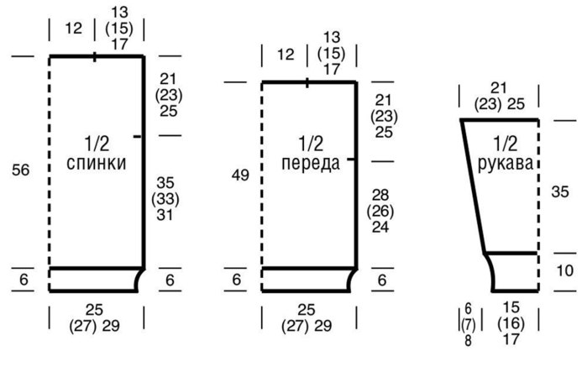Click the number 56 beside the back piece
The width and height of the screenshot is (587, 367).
22,170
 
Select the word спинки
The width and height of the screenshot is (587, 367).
96,164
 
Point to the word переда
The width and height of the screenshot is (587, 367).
311,164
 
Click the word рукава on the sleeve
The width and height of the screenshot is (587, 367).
506,164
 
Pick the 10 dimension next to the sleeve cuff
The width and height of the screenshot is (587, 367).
564,271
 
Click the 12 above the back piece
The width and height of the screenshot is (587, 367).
72,29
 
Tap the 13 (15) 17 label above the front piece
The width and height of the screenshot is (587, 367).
332,52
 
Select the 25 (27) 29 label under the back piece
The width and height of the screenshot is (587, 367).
96,317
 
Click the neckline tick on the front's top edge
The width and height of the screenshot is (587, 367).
307,82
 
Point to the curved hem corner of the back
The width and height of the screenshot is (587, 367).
139,280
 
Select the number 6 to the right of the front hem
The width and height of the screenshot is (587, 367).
383,280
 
